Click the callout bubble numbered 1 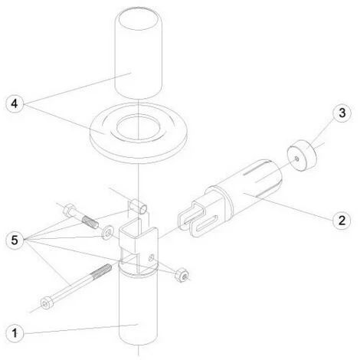15,333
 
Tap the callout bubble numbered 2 342,220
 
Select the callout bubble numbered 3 342,113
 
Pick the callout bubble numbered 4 15,104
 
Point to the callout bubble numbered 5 15,240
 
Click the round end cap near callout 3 302,155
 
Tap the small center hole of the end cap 296,159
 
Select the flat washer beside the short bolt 107,233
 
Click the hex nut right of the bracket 182,275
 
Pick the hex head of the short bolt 69,210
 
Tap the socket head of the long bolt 46,303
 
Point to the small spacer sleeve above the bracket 139,206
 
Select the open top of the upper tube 139,19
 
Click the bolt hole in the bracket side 151,257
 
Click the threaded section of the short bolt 90,222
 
